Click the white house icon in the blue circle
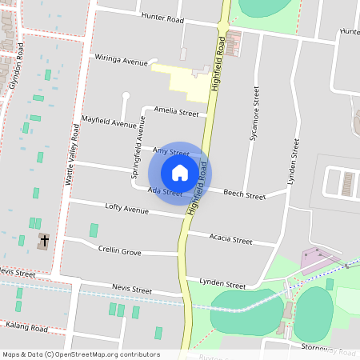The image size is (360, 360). point(180,172)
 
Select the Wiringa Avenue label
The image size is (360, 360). point(122,61)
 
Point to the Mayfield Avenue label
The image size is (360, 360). point(109,122)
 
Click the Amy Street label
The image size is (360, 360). point(170,152)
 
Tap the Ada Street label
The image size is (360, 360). point(166,192)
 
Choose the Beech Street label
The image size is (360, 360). point(244,194)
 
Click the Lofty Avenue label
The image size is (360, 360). point(127,209)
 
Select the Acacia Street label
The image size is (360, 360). point(230,240)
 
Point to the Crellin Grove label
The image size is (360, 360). point(120,251)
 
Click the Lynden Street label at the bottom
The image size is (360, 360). point(223,285)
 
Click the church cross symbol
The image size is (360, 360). point(44,240)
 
